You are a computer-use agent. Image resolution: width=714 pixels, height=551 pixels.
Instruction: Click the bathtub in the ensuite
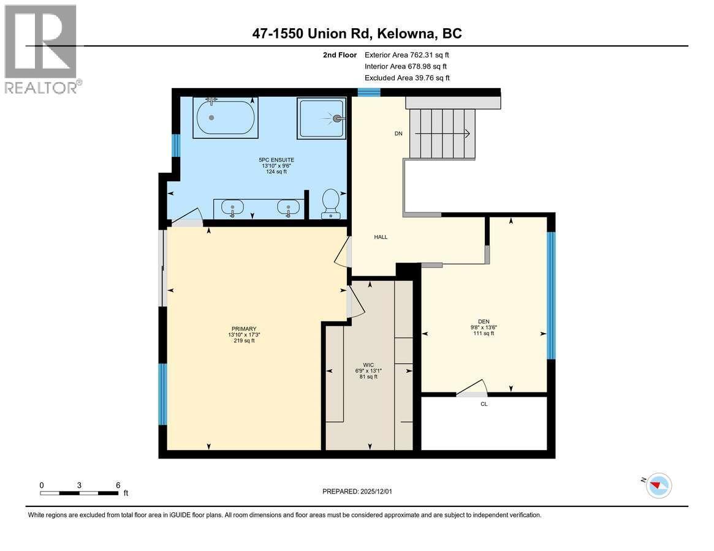click(226, 118)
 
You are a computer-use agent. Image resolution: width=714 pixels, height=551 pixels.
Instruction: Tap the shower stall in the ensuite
click(322, 119)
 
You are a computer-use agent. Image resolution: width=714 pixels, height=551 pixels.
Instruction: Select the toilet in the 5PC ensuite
click(332, 203)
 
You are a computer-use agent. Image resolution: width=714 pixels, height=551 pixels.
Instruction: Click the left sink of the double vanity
click(233, 208)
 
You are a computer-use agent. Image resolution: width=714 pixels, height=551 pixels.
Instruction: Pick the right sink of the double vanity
click(287, 208)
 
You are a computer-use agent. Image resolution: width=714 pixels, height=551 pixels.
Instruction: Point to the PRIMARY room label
click(244, 329)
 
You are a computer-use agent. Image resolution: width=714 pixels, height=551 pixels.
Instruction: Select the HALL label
click(381, 237)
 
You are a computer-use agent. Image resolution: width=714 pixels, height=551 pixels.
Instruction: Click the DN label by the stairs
click(398, 134)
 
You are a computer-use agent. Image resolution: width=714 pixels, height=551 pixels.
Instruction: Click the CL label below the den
click(484, 404)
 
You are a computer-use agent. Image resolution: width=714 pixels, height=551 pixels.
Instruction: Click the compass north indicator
click(659, 485)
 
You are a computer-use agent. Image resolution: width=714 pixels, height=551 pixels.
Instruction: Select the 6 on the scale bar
click(118, 485)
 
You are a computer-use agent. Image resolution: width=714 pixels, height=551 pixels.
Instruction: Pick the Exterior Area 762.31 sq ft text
click(407, 55)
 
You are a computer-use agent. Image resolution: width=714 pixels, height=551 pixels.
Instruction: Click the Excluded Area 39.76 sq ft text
click(407, 78)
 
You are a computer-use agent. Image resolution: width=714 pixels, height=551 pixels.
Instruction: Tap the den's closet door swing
click(473, 388)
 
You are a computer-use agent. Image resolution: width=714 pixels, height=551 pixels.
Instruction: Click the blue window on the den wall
click(551, 295)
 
